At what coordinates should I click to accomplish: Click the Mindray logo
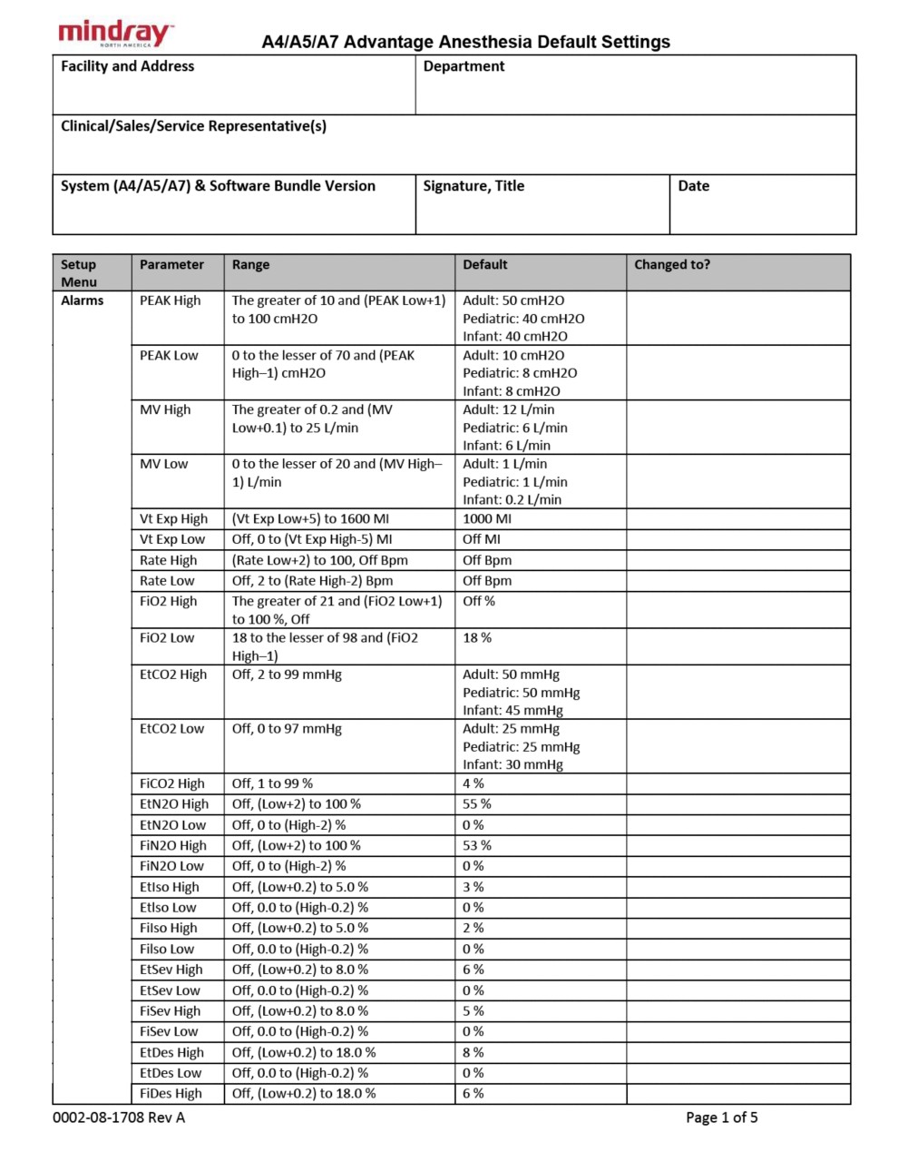click(116, 34)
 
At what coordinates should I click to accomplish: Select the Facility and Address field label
click(127, 66)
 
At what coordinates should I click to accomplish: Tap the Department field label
click(464, 66)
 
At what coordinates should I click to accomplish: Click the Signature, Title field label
click(473, 186)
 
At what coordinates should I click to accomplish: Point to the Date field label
click(694, 186)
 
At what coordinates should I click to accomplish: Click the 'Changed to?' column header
click(672, 265)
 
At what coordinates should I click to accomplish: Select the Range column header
click(250, 265)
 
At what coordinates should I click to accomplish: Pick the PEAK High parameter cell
click(171, 300)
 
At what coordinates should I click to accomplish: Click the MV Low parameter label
click(164, 464)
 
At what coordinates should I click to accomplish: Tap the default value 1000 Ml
click(487, 518)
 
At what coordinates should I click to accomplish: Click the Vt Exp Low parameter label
click(172, 539)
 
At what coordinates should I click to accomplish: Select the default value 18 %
click(477, 638)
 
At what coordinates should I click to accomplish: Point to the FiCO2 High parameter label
click(172, 783)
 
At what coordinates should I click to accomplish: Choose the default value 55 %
click(477, 804)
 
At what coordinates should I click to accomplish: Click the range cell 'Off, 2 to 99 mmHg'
click(287, 675)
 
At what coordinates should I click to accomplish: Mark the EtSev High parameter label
click(171, 970)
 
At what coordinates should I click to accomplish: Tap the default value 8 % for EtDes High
click(473, 1053)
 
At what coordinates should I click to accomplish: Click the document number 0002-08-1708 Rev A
click(119, 1118)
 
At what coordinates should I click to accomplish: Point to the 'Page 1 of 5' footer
click(721, 1118)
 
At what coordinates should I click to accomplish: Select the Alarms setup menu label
click(83, 300)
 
